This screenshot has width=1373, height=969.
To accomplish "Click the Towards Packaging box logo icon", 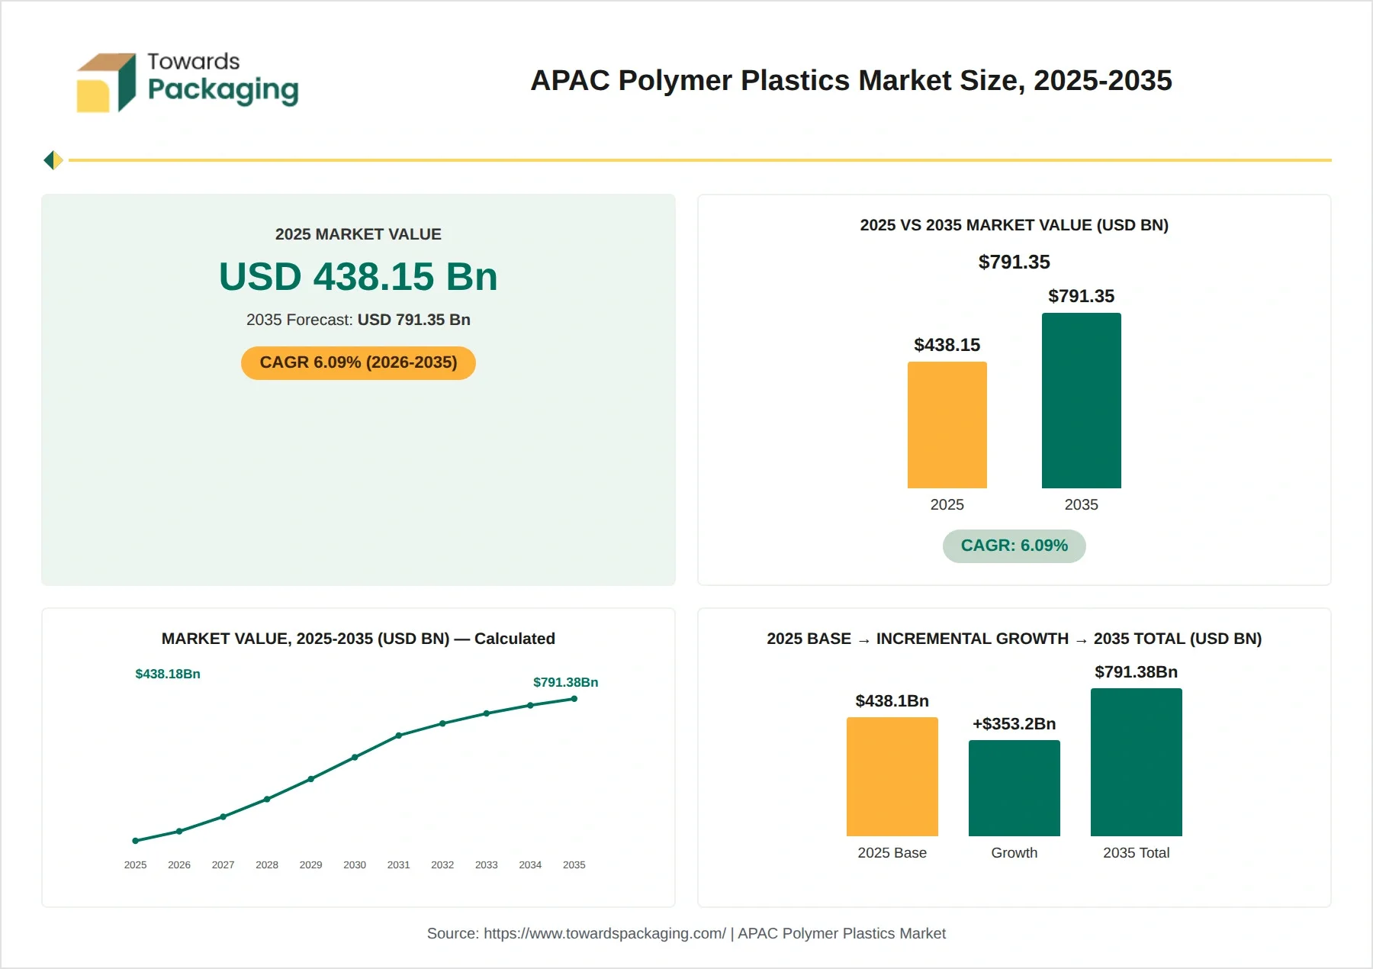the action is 106,82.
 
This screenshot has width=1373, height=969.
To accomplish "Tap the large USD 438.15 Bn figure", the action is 358,276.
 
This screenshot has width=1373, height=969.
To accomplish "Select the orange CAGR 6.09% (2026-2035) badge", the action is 358,362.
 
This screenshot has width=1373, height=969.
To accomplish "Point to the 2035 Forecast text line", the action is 358,320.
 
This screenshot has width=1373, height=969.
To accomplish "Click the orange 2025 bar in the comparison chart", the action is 947,425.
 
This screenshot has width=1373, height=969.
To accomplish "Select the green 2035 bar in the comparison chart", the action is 1081,401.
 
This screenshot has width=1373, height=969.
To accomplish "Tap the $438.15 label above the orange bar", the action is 947,345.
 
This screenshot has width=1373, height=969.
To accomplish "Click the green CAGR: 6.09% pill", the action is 1014,546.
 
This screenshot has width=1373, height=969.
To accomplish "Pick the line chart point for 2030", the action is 355,757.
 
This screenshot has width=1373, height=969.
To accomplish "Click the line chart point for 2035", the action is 574,699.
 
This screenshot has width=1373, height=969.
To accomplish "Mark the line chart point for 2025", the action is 135,841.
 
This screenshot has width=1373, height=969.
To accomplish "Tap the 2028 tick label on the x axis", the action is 267,864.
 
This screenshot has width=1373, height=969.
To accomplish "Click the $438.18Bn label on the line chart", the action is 168,674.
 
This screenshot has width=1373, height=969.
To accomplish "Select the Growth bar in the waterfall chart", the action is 1014,788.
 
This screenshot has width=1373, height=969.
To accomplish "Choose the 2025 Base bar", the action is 892,777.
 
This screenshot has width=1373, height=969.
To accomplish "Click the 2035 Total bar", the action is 1136,762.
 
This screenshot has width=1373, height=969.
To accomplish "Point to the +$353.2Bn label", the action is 1014,723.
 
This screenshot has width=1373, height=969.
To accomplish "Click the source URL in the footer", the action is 605,933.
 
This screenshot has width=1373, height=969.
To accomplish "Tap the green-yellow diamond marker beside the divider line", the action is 53,160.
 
